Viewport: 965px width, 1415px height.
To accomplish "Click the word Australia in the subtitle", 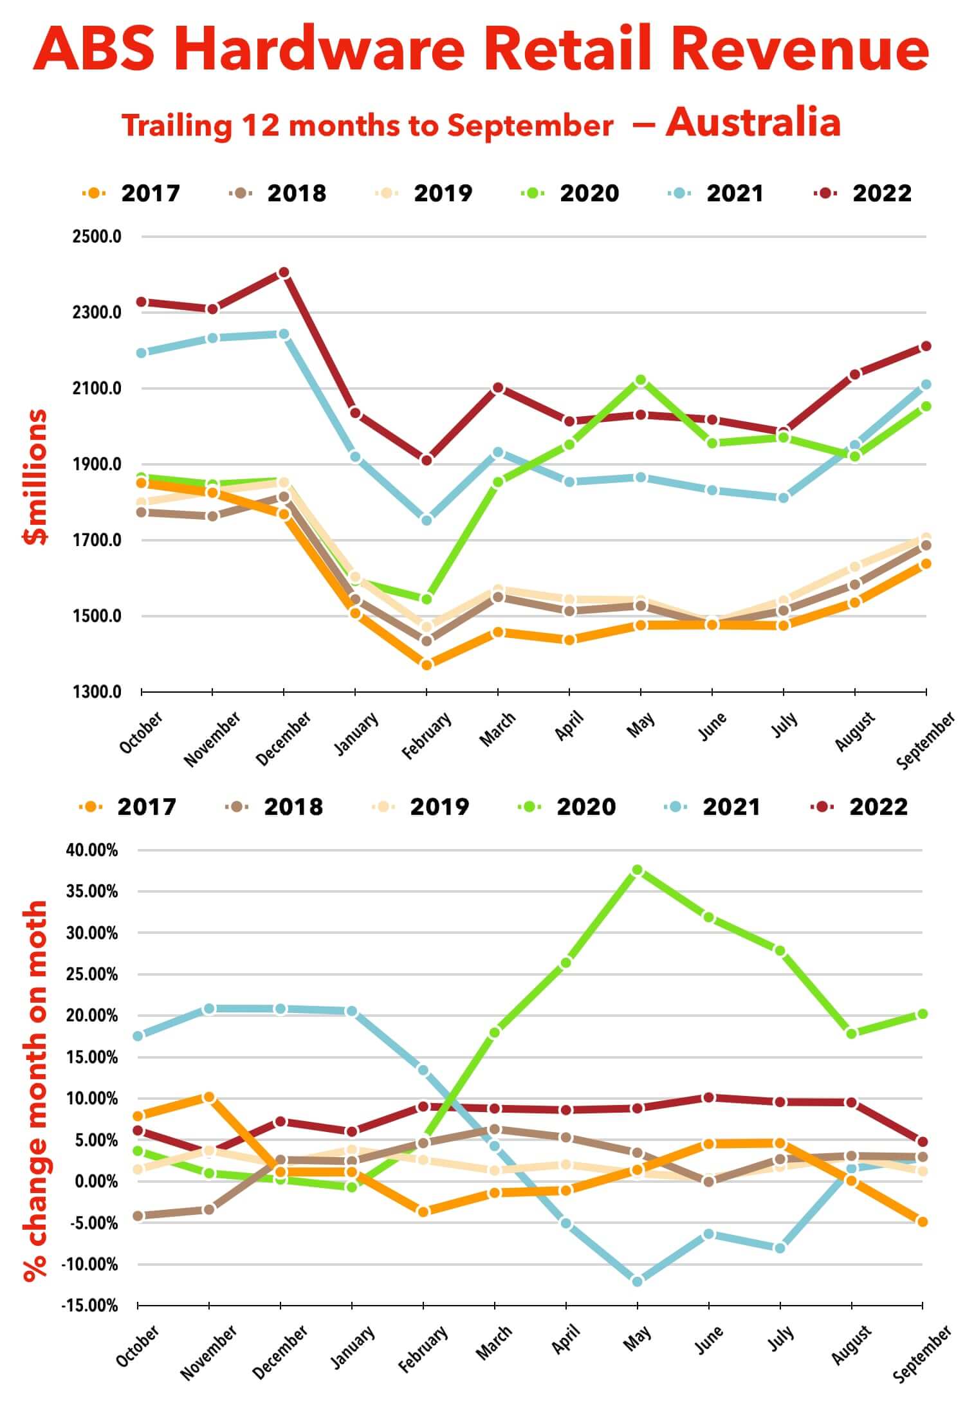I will pyautogui.click(x=753, y=122).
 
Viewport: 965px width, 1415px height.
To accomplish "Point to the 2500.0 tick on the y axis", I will pyautogui.click(x=97, y=237).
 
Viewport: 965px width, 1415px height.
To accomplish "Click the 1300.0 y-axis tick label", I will pyautogui.click(x=97, y=692).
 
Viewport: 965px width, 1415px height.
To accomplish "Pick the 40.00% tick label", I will pyautogui.click(x=92, y=850).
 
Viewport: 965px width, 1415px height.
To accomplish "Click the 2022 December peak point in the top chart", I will pyautogui.click(x=284, y=273).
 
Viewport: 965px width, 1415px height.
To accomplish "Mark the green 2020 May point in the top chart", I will pyautogui.click(x=640, y=380).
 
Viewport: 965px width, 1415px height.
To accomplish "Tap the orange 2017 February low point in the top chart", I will pyautogui.click(x=427, y=664).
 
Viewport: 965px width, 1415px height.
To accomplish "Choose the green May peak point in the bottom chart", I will pyautogui.click(x=637, y=870).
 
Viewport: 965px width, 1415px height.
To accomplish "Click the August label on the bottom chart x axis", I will pyautogui.click(x=850, y=1344).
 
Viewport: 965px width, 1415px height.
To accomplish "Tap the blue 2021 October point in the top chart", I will pyautogui.click(x=142, y=353).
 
